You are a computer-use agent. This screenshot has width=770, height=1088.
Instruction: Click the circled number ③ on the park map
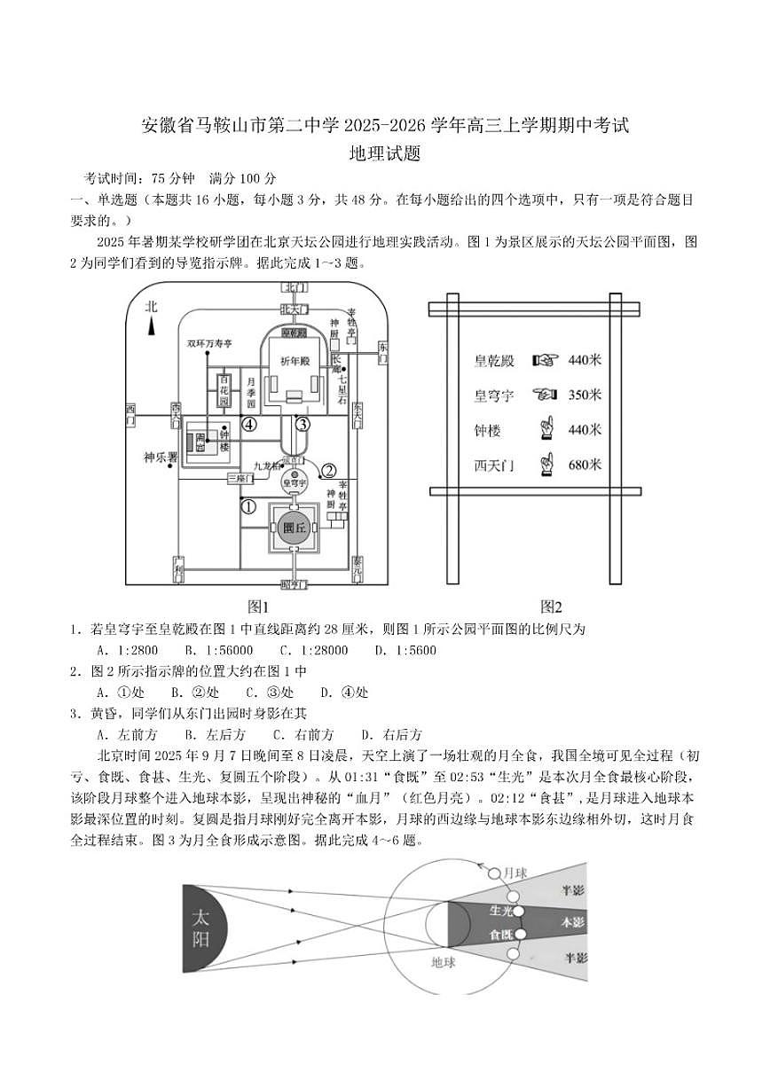302,424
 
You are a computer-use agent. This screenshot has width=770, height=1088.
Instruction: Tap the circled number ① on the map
249,507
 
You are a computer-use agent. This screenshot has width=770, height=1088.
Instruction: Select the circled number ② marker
328,471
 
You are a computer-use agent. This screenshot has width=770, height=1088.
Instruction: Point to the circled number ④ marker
250,424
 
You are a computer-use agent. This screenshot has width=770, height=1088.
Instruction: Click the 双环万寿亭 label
208,342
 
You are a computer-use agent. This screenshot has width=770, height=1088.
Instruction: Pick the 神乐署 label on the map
161,458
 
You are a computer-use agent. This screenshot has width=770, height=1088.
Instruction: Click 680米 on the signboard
584,465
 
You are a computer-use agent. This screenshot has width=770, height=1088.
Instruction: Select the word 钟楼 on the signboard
487,430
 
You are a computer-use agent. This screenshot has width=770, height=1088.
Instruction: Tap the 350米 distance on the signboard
584,395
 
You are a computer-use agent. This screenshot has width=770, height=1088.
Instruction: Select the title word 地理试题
384,153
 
